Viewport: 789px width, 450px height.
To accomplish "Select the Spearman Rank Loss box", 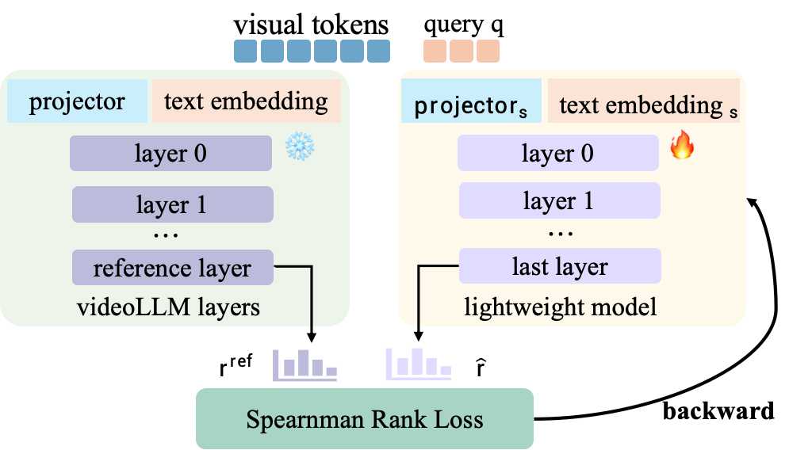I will [x=365, y=418].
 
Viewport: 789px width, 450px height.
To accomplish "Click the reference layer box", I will [x=172, y=268].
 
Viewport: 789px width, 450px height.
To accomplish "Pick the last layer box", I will [x=559, y=267].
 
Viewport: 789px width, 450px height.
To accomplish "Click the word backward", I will [x=718, y=412].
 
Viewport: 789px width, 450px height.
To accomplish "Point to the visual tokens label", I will [x=311, y=25].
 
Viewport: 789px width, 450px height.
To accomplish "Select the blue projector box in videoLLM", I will [x=77, y=101].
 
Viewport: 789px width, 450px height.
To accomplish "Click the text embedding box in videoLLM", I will [x=245, y=101].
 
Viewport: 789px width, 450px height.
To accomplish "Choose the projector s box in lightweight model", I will [x=471, y=106].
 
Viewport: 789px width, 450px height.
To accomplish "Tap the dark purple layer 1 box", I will [x=172, y=204].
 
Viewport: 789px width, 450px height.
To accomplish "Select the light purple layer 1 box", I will [x=559, y=201].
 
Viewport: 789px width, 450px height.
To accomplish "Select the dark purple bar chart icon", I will [x=305, y=363].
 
